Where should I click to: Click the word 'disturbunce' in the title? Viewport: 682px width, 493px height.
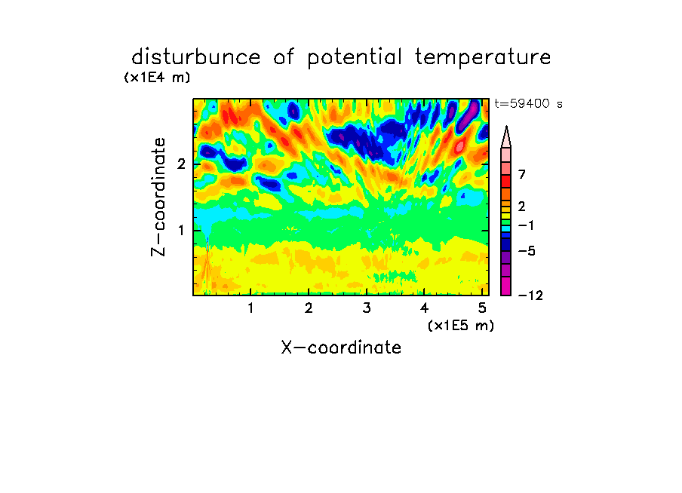195,57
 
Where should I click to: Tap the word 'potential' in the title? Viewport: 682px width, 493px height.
355,58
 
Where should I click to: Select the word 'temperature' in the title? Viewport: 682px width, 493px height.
483,58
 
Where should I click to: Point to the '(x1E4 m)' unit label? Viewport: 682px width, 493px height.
157,78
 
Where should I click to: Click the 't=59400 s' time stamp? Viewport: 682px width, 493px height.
528,104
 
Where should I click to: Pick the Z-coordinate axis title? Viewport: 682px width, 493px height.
158,197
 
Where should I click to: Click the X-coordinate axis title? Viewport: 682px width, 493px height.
341,348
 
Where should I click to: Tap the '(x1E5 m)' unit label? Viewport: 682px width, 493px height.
461,326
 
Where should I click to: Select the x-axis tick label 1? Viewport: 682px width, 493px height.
251,308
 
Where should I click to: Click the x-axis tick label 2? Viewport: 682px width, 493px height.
309,308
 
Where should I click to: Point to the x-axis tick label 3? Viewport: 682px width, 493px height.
367,308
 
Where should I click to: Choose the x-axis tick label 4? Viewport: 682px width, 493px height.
424,308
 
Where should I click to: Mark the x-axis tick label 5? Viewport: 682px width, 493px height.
482,308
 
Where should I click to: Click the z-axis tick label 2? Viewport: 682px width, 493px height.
181,164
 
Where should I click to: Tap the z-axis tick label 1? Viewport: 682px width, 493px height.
181,230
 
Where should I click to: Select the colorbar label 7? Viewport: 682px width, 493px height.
522,174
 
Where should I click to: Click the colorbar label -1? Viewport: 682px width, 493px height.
526,225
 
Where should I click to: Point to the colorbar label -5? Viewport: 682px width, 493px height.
527,251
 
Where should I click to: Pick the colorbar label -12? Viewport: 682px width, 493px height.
530,295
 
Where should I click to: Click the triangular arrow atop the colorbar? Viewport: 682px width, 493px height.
506,137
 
